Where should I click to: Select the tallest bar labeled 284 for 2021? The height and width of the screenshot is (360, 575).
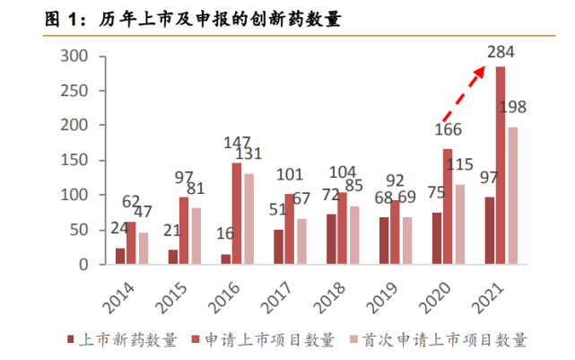(x=500, y=166)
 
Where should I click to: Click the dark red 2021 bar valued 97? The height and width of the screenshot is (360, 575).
(x=489, y=231)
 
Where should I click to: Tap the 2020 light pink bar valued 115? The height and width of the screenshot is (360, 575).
(x=460, y=224)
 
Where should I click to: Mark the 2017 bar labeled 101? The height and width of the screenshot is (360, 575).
(x=289, y=229)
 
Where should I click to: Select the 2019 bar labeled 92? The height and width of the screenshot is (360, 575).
(x=395, y=233)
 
